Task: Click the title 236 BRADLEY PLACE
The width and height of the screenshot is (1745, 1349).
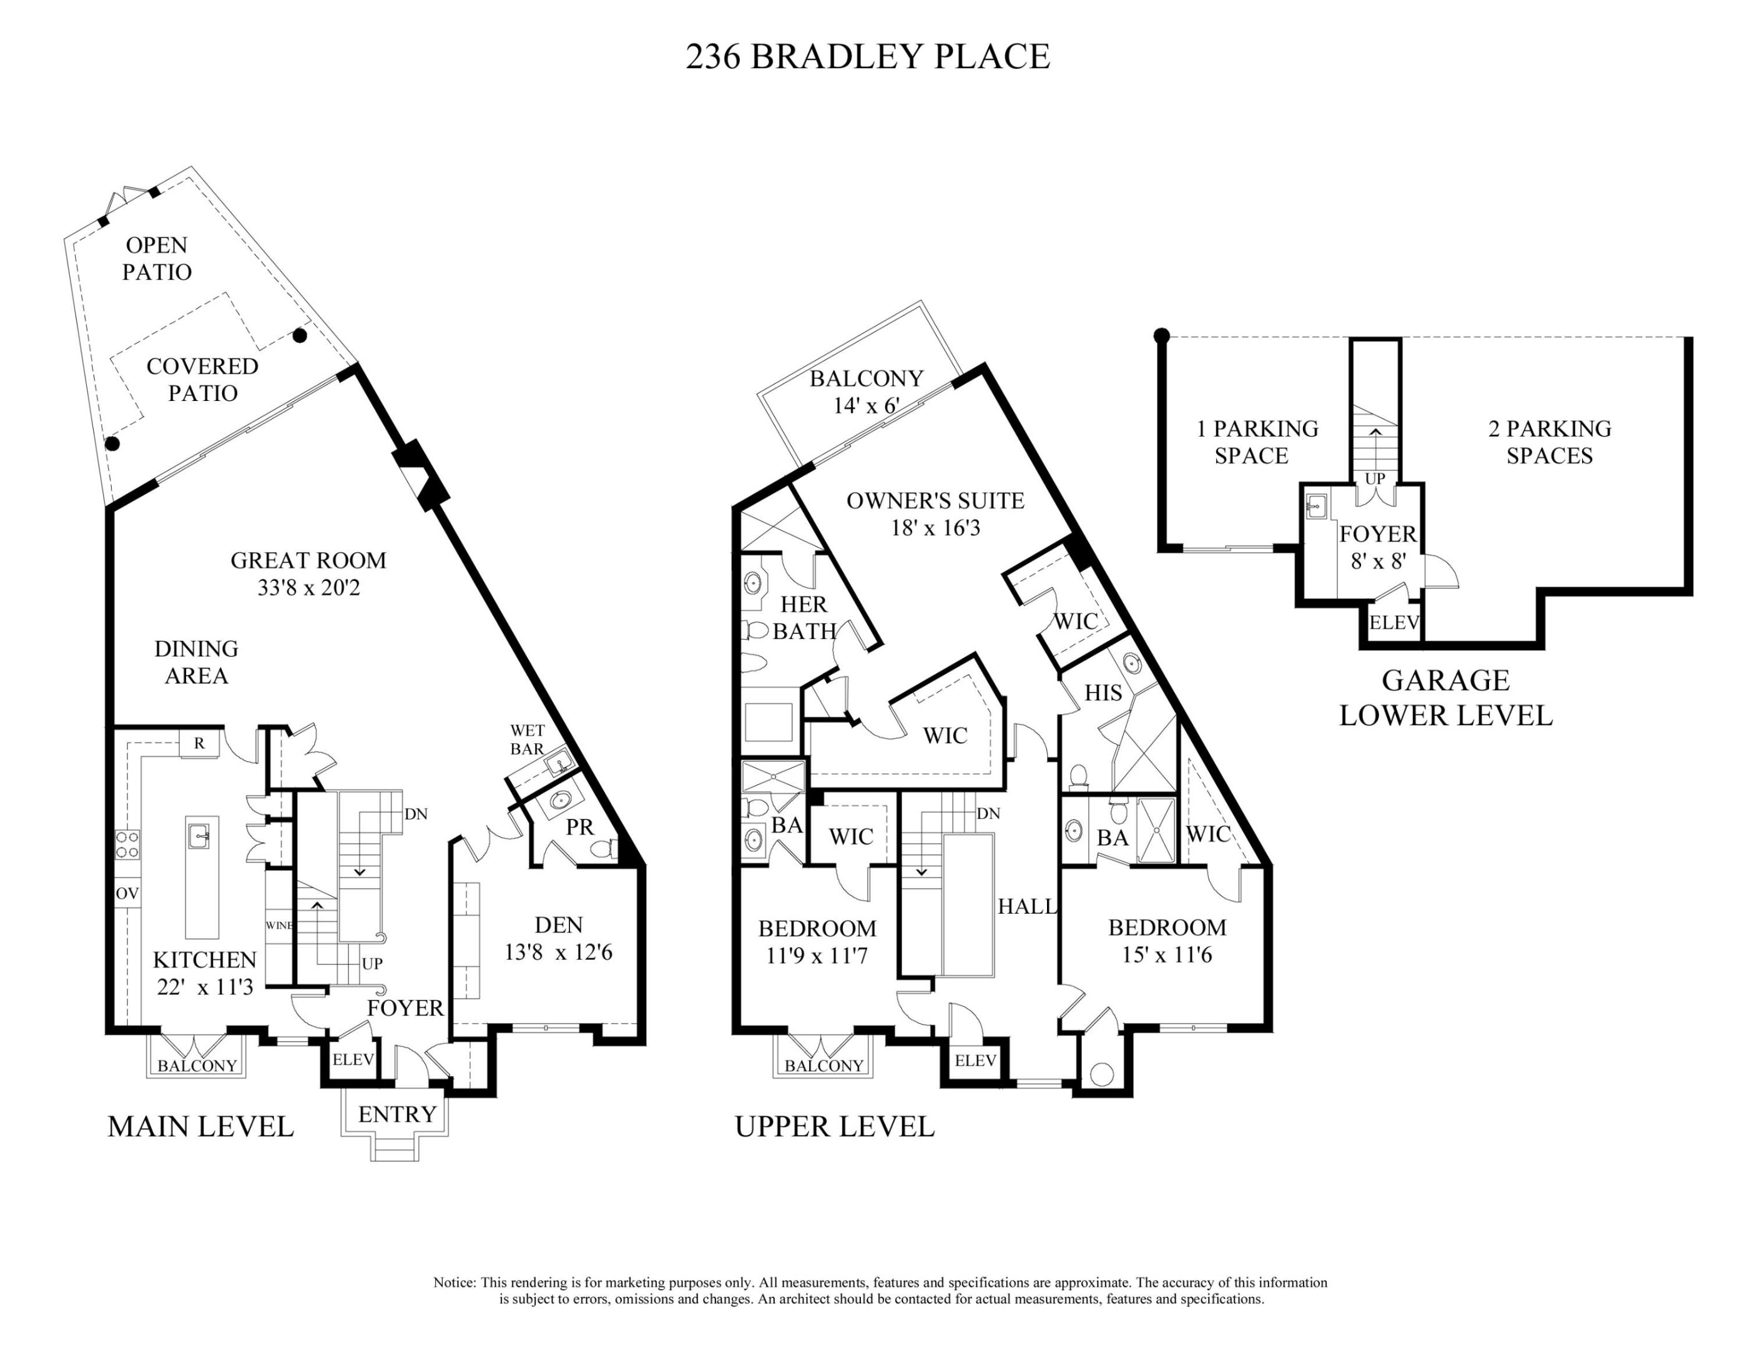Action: click(867, 57)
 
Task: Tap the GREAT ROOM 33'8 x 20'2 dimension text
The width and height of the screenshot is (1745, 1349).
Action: click(308, 588)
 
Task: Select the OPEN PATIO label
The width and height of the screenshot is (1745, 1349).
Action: click(157, 258)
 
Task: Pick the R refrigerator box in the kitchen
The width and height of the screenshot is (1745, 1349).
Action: click(199, 743)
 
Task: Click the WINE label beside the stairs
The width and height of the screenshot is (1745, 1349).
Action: click(279, 926)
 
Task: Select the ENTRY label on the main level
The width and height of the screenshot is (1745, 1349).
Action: click(397, 1114)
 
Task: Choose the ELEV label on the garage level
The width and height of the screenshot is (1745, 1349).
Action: click(1394, 623)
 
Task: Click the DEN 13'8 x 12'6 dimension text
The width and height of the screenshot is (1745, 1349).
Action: click(558, 952)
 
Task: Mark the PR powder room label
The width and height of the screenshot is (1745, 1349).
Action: click(580, 827)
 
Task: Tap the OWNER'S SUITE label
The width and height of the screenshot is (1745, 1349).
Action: click(935, 501)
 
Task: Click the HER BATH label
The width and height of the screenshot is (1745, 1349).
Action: click(804, 617)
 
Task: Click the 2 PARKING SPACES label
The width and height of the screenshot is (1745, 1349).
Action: click(1548, 442)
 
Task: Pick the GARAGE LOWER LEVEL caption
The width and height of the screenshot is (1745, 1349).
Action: click(1445, 698)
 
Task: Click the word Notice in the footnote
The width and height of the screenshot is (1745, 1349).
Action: click(454, 1282)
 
